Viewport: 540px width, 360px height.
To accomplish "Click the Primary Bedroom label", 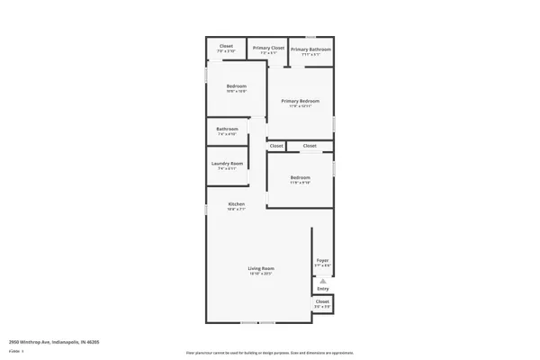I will (x=301, y=101).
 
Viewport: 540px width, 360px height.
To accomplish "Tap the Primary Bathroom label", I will (x=310, y=49).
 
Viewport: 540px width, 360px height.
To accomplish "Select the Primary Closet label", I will (x=268, y=48).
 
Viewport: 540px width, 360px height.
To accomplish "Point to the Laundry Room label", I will (x=226, y=163).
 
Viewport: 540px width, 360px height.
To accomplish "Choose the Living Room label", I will (x=261, y=268).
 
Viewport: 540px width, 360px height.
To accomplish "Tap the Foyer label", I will (x=322, y=260).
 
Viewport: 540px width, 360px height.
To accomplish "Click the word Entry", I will (x=323, y=289).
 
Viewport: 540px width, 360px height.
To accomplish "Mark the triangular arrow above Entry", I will (x=323, y=281).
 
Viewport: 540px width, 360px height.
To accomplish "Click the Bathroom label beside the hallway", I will (x=227, y=129).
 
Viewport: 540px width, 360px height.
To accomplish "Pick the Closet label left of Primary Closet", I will (x=227, y=46).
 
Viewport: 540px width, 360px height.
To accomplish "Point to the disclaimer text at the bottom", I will (x=270, y=354).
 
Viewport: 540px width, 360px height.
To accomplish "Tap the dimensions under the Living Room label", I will (x=261, y=274).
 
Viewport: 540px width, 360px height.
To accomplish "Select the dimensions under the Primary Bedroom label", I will (x=301, y=106).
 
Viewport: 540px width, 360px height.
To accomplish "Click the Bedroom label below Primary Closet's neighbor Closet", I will (x=236, y=86).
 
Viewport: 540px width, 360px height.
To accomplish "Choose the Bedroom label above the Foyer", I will (x=300, y=177).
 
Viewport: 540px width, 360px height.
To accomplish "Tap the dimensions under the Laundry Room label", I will (x=226, y=168).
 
